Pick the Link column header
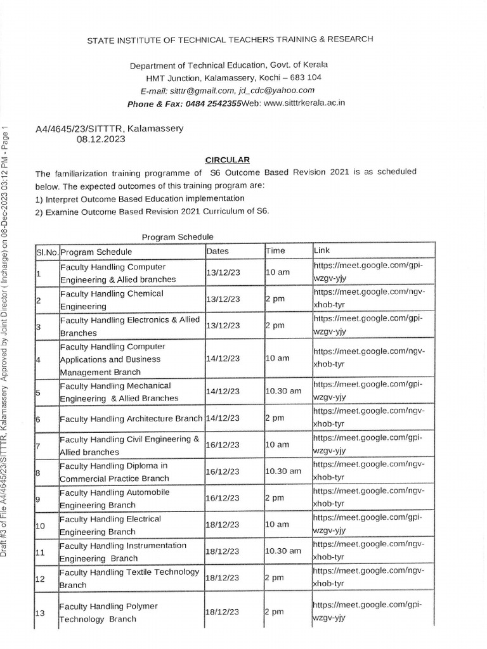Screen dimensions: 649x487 pyautogui.click(x=321, y=250)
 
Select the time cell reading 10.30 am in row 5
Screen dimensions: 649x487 pyautogui.click(x=283, y=391)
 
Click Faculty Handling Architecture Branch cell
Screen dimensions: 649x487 pyautogui.click(x=131, y=419)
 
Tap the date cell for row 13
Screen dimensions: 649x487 pyautogui.click(x=223, y=612)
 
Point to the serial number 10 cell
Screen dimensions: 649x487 pyautogui.click(x=41, y=525)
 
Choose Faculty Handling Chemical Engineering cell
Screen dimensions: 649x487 pyautogui.click(x=112, y=300)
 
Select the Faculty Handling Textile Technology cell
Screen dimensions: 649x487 pyautogui.click(x=129, y=578)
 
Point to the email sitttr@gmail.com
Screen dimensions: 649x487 pyautogui.click(x=202, y=90)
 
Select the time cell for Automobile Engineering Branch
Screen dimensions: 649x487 pyautogui.click(x=274, y=499)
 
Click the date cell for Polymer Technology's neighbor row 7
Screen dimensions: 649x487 pyautogui.click(x=223, y=446)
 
